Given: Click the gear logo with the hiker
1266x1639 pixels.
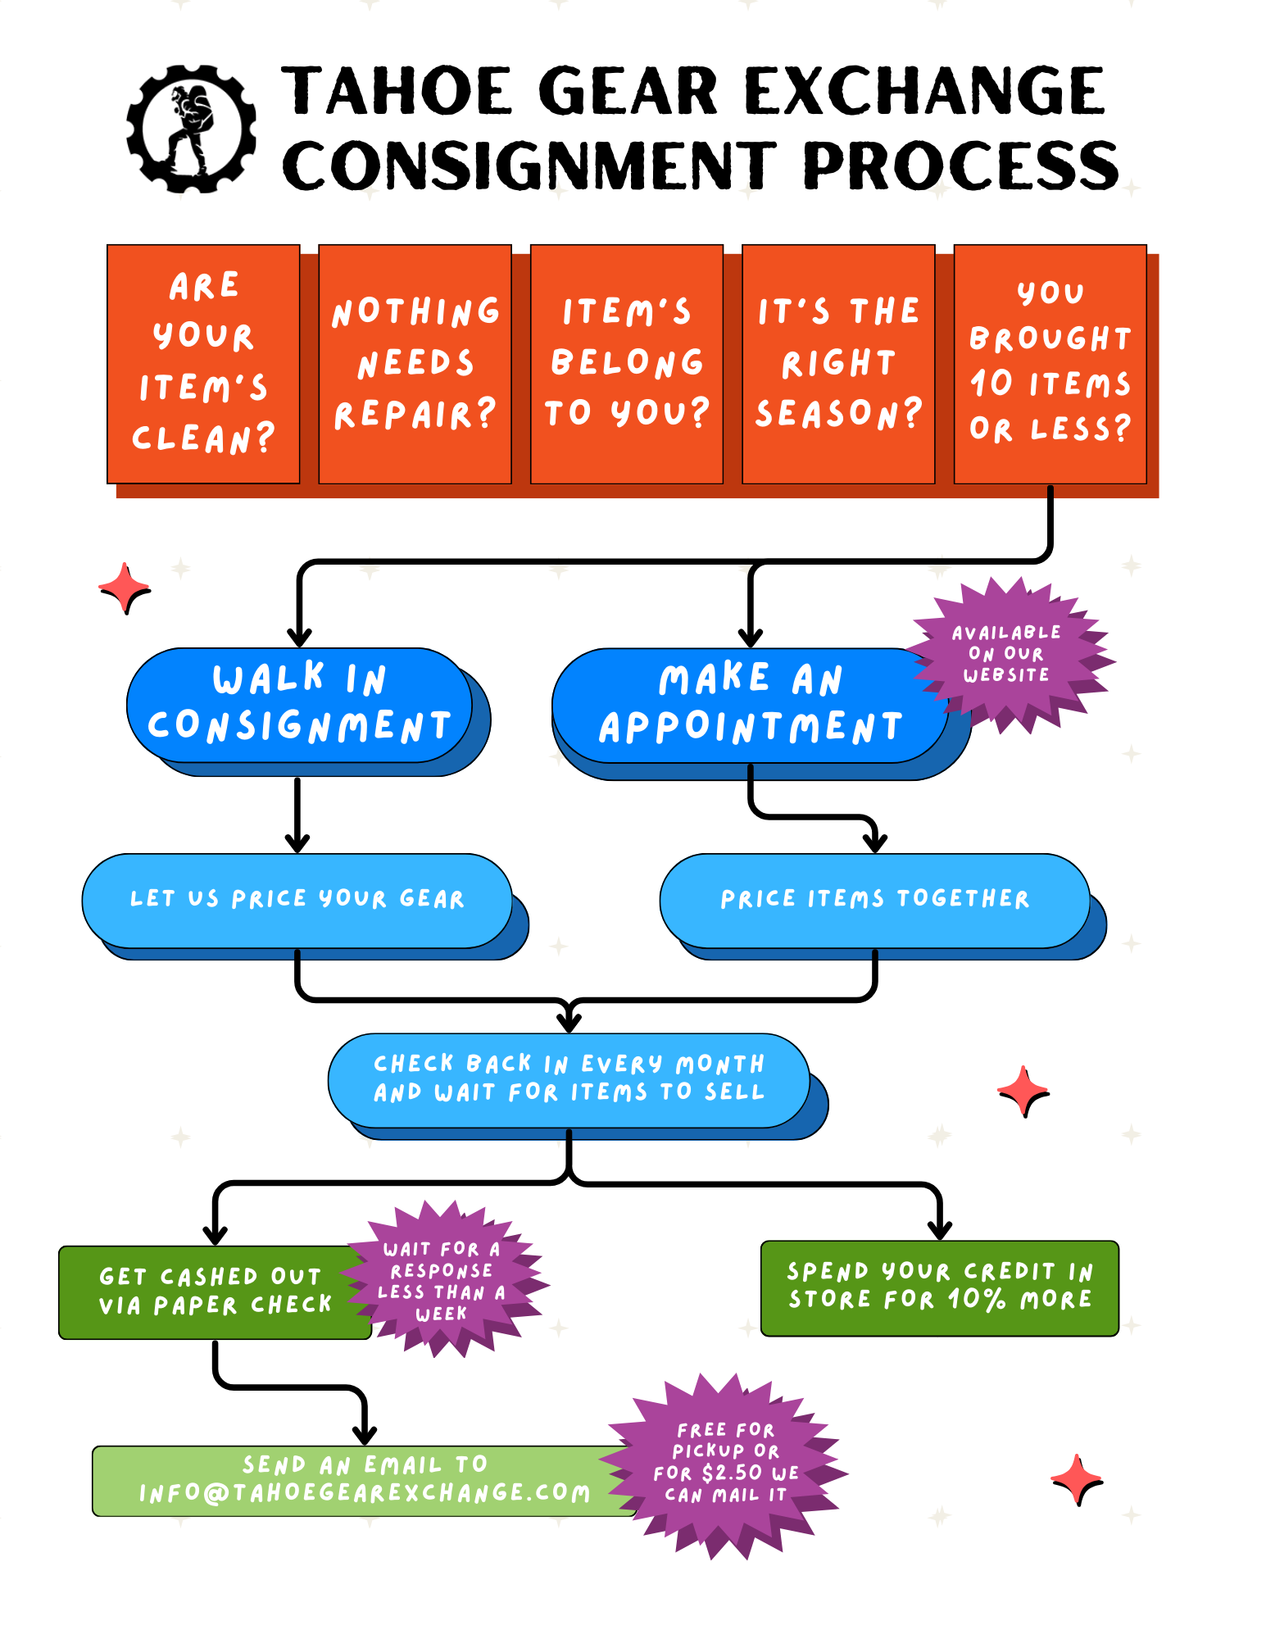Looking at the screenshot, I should pos(191,129).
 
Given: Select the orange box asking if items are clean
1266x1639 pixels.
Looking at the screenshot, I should pos(203,364).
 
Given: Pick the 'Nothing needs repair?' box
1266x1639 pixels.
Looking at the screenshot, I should pos(415,364).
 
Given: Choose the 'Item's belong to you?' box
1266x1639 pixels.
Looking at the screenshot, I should pos(627,364).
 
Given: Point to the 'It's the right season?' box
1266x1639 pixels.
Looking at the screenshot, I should pos(838,364).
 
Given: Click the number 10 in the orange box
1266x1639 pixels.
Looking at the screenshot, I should pos(991,384).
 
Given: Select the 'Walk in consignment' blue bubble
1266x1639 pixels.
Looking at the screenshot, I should pos(299,705).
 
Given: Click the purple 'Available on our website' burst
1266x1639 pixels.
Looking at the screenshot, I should pos(1007,654).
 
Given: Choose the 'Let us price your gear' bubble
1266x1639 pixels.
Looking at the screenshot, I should pos(297,900).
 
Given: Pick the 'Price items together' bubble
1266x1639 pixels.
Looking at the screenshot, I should pos(874,900).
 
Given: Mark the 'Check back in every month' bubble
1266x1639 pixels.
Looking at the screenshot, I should pos(569,1078).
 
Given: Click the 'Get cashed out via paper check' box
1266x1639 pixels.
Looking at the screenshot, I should pos(213,1292).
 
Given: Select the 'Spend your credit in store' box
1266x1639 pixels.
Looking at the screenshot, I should pos(939,1287).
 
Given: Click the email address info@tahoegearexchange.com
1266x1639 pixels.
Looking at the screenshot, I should pos(365,1493).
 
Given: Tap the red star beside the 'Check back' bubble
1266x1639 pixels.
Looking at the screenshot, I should pos(1023,1091).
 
